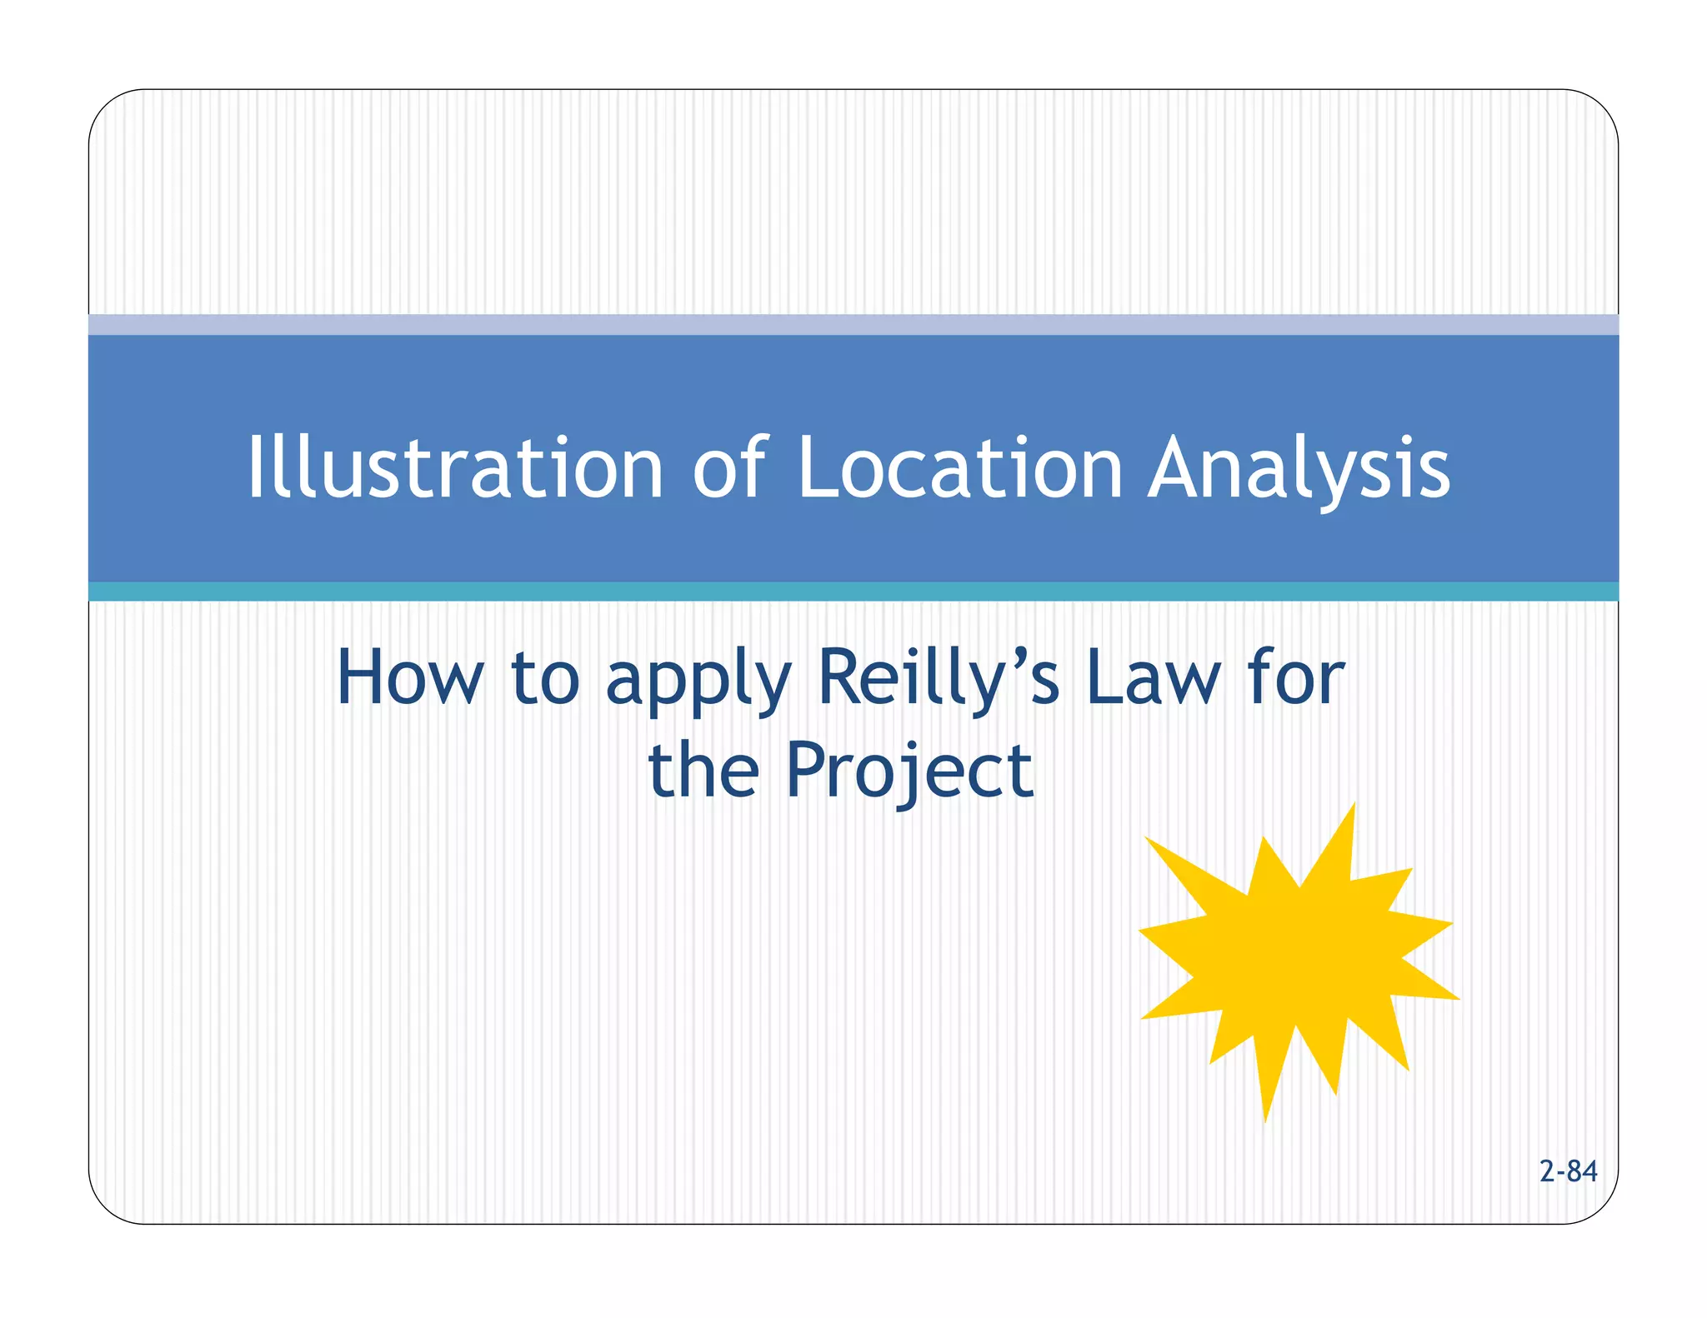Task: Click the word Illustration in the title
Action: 454,468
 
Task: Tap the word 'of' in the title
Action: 729,468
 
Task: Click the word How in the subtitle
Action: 409,679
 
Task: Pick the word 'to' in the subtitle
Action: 545,679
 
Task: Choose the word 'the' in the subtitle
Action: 703,771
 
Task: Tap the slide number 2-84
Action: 1568,1171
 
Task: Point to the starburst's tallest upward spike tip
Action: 1354,805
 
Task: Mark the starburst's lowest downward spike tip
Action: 1265,1121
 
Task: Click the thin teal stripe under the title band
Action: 853,592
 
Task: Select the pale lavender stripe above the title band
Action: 853,324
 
